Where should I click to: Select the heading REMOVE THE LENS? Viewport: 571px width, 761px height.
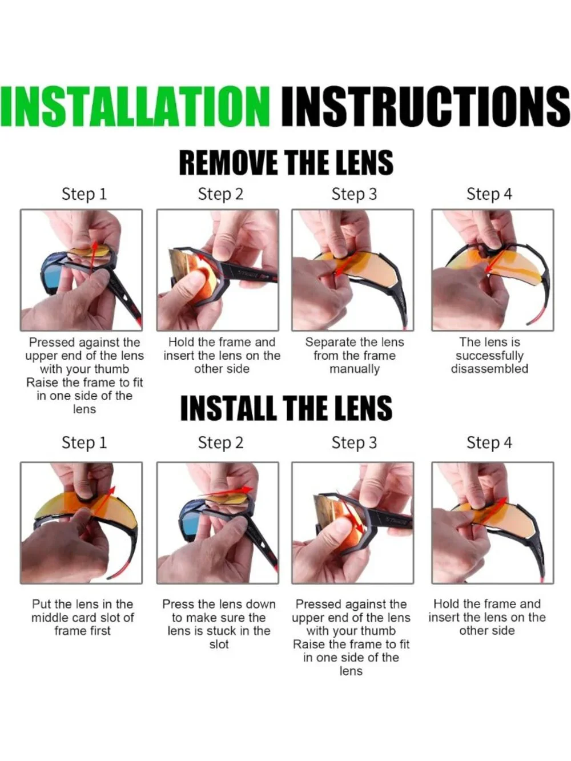point(287,163)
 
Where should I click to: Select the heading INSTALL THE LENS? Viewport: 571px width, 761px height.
point(287,408)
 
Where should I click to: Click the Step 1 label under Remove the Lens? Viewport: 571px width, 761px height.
point(85,194)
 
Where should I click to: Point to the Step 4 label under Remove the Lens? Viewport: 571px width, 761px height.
point(489,194)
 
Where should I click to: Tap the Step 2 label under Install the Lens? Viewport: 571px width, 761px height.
point(220,443)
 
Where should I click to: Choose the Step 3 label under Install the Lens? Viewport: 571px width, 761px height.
point(354,443)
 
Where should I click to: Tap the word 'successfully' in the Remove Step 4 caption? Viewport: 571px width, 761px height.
point(489,356)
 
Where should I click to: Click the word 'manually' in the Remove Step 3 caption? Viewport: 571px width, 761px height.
point(355,369)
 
